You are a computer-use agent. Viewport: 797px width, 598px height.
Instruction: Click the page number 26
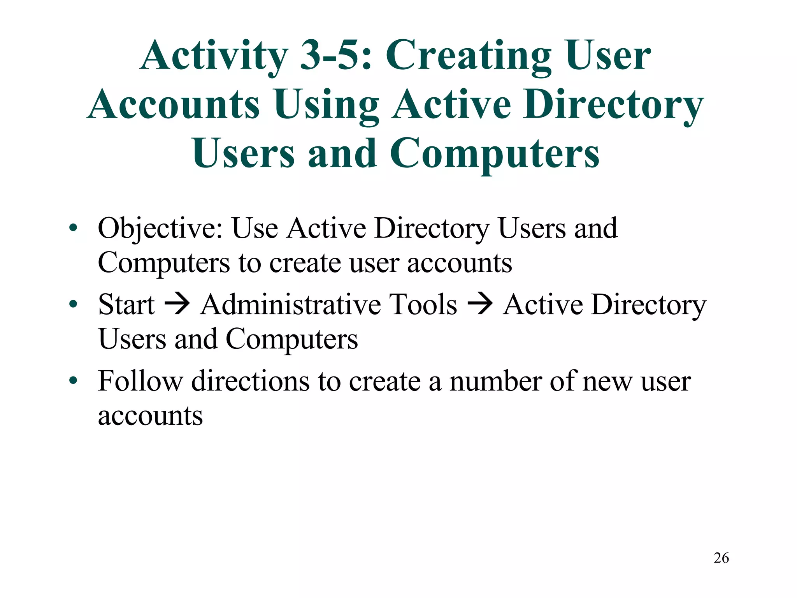pos(721,558)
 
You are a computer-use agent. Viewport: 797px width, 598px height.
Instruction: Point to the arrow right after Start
pos(177,304)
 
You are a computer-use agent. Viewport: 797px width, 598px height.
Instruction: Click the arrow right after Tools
pos(480,304)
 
